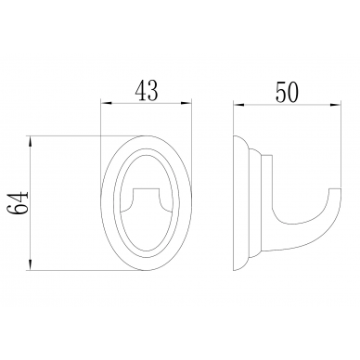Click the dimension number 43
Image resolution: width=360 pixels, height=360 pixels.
[x=147, y=90]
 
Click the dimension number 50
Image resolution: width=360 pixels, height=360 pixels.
[x=288, y=93]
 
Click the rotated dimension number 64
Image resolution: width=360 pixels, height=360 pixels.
[x=18, y=203]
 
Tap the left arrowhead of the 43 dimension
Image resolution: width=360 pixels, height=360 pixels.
[x=106, y=103]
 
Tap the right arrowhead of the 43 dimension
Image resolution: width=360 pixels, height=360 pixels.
[x=186, y=103]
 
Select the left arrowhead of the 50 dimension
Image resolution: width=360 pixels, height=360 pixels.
[x=238, y=105]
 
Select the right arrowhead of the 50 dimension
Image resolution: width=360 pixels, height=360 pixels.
[x=336, y=105]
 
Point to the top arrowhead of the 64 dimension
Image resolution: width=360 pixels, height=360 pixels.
[x=31, y=141]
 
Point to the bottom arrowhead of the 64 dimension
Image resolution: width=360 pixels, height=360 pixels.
[x=31, y=265]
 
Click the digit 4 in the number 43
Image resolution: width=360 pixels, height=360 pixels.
[x=141, y=90]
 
